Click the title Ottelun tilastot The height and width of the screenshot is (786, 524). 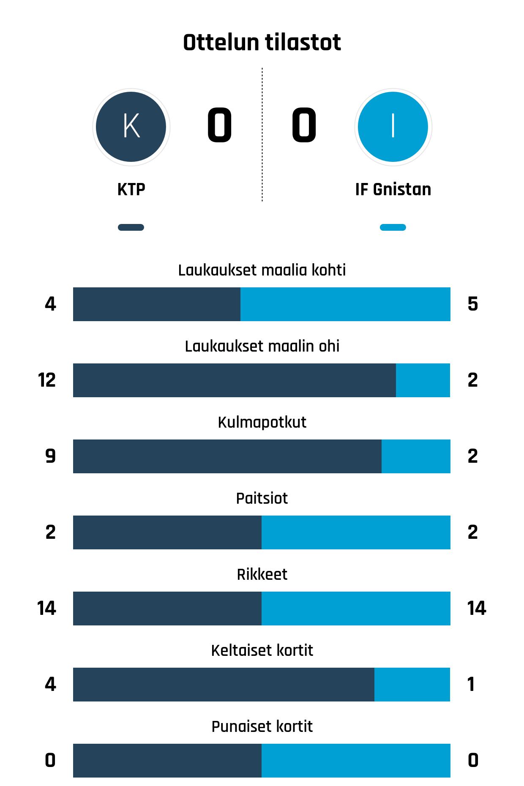[262, 43]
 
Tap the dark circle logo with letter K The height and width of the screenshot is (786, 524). [131, 127]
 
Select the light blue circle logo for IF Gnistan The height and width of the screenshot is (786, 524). [393, 127]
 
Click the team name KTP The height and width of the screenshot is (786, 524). [131, 189]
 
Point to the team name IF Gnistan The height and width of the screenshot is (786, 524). [393, 189]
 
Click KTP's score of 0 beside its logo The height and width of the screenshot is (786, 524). [219, 125]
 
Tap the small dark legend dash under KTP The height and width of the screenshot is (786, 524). [131, 227]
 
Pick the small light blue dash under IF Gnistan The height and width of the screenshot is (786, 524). [393, 227]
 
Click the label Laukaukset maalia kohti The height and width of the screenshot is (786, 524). [262, 270]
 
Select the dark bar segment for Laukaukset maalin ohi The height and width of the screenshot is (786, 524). [235, 380]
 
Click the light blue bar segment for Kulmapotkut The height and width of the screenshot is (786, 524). [416, 456]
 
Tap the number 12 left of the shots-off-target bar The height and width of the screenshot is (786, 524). [46, 380]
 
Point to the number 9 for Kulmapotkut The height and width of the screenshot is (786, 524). [50, 456]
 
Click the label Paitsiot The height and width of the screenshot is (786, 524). [262, 498]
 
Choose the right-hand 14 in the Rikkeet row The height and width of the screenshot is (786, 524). [476, 609]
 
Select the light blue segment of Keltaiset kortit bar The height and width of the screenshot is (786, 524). [412, 685]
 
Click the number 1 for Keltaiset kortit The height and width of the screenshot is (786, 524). [471, 685]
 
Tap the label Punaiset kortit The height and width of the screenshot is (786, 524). [262, 726]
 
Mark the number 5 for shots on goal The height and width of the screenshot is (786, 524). [472, 304]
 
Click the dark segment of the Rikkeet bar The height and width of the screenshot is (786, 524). [167, 609]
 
